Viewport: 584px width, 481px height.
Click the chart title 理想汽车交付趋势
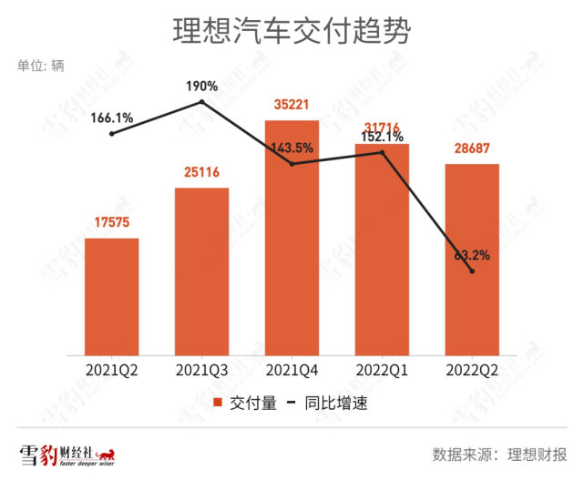[x=292, y=33]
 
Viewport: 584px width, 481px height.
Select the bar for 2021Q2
[x=112, y=296]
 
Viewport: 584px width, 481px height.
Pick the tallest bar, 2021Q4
[x=292, y=237]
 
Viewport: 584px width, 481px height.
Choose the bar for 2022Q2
[x=472, y=259]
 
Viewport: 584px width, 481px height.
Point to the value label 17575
[x=112, y=222]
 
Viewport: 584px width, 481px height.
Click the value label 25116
[x=201, y=172]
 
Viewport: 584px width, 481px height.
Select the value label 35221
[x=292, y=104]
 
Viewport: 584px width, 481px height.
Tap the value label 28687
[x=472, y=148]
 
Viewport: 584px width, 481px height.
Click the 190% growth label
[x=202, y=87]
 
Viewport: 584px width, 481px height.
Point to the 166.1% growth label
[x=112, y=118]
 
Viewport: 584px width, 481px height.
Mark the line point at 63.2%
[x=472, y=271]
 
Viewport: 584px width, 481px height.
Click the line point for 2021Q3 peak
[x=202, y=102]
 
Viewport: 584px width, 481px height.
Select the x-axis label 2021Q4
[x=292, y=369]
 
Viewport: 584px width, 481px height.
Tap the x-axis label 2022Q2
[x=472, y=369]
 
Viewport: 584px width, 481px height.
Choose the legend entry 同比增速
[x=333, y=404]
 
